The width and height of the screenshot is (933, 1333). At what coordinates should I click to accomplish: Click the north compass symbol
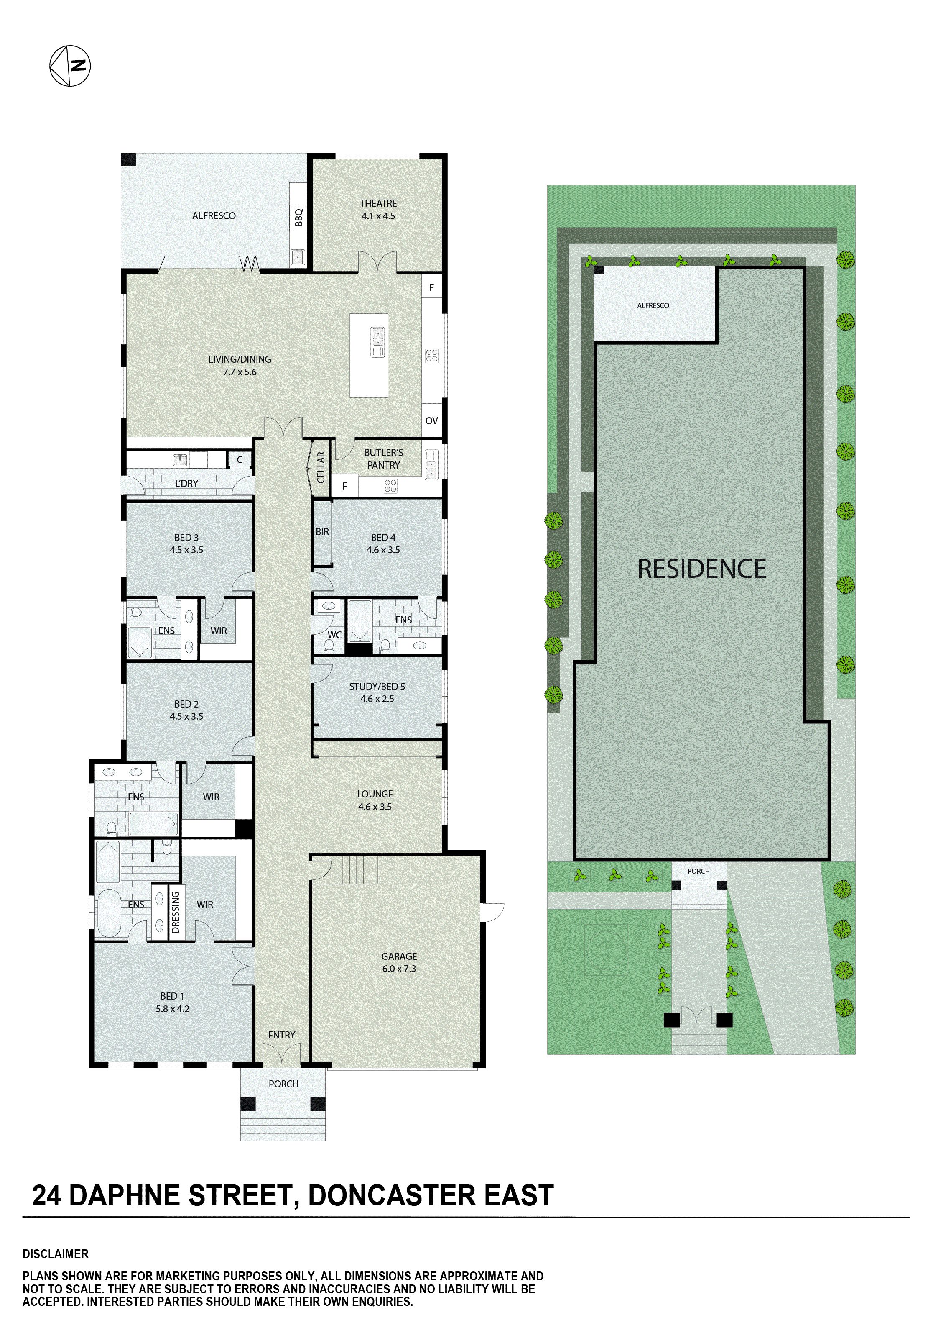(70, 66)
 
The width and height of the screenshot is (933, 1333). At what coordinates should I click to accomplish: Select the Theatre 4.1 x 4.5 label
(378, 210)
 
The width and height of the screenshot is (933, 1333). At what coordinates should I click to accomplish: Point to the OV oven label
(431, 420)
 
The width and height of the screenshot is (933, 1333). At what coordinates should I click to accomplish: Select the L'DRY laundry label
(186, 483)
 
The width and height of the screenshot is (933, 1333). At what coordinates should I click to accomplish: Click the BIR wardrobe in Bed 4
(322, 532)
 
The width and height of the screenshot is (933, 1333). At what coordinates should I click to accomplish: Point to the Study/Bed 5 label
(377, 692)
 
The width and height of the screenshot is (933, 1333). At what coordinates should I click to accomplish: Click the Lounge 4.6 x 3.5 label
(375, 800)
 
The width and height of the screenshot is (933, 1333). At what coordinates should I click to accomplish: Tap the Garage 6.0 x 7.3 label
(399, 962)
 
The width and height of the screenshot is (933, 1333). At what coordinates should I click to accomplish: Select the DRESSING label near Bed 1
(175, 912)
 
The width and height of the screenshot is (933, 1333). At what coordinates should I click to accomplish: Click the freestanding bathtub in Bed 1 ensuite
(108, 913)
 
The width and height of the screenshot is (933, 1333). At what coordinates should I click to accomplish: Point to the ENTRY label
(281, 1035)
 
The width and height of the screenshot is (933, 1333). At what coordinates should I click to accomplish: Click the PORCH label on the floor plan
(283, 1084)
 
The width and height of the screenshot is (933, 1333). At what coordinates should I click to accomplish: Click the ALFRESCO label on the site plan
(653, 305)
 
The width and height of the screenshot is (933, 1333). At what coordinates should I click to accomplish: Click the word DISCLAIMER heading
(56, 1254)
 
